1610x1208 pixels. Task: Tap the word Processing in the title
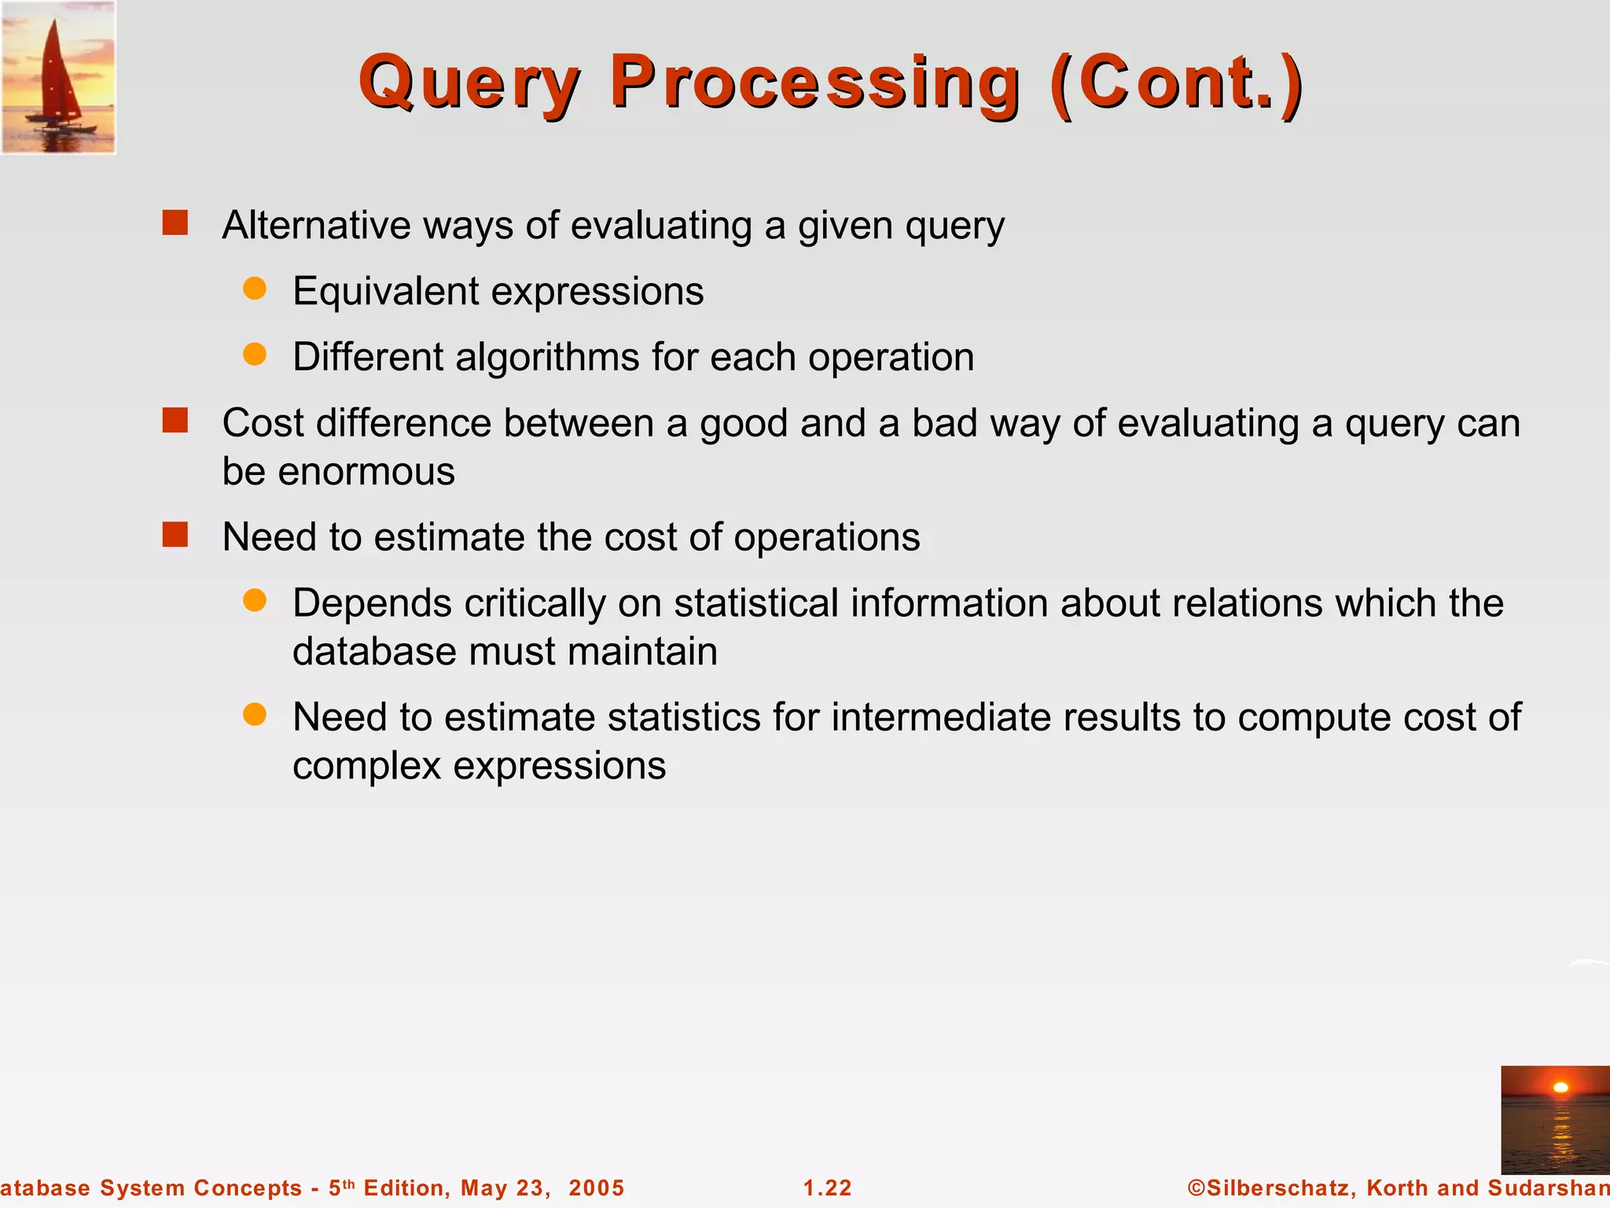[814, 83]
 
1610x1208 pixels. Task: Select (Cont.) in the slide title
[1176, 83]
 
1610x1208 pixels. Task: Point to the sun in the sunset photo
[1560, 1088]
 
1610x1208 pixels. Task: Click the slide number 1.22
[828, 1188]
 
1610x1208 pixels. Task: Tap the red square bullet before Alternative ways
[175, 223]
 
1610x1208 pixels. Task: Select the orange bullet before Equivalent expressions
[255, 289]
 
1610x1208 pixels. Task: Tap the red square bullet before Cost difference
[175, 420]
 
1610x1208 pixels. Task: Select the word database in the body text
[374, 652]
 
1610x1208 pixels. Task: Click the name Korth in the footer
[1398, 1188]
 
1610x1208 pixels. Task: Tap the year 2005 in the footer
[597, 1188]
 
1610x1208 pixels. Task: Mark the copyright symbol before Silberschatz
[1196, 1188]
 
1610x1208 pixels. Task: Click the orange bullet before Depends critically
[255, 601]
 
